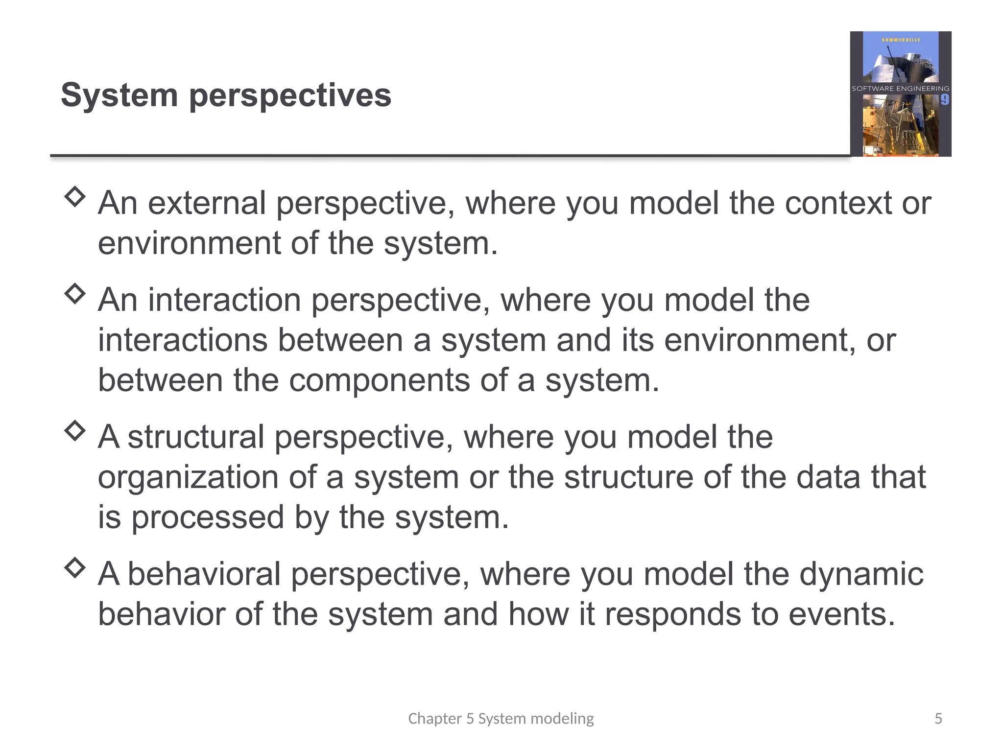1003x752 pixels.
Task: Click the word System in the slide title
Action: [119, 95]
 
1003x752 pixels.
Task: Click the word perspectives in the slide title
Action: [290, 96]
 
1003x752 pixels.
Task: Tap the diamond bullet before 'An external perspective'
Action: [75, 197]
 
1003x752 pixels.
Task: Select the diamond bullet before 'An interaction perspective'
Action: [75, 294]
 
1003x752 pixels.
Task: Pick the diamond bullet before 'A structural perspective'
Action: [75, 431]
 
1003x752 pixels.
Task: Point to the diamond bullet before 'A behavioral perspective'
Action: [75, 568]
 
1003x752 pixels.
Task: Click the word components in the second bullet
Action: [379, 380]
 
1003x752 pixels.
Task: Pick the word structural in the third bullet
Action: [196, 437]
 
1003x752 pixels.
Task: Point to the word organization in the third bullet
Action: [188, 477]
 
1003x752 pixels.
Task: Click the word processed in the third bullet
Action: [208, 518]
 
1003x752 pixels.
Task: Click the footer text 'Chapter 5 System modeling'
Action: [501, 718]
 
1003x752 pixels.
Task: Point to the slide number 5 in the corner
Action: [938, 718]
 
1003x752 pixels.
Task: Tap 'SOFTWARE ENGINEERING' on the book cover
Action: [900, 89]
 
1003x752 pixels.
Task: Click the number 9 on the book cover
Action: [944, 100]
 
